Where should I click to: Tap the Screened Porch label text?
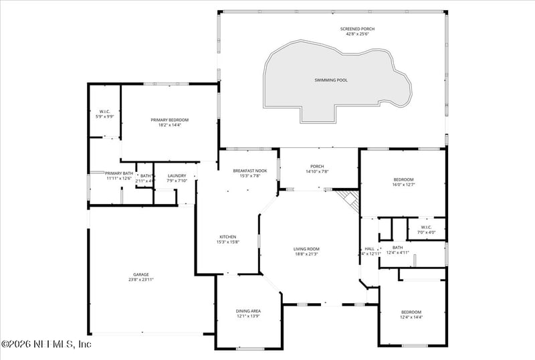(356, 29)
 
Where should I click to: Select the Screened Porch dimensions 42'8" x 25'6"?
(356, 35)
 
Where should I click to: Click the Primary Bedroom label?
(169, 120)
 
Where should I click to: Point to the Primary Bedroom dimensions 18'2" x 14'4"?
(169, 125)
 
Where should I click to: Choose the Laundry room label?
(167, 175)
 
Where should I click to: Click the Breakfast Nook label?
(250, 171)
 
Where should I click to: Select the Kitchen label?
(228, 237)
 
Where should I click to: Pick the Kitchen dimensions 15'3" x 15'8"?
(228, 242)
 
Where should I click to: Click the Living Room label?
(306, 249)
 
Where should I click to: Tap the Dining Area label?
(248, 311)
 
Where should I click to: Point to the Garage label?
(140, 274)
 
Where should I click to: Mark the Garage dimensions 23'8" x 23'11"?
(140, 280)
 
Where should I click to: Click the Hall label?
(370, 248)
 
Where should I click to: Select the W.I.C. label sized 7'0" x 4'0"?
(427, 228)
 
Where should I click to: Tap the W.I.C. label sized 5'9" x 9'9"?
(104, 111)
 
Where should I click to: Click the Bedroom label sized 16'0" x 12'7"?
(403, 179)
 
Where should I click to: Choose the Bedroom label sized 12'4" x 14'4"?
(411, 312)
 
